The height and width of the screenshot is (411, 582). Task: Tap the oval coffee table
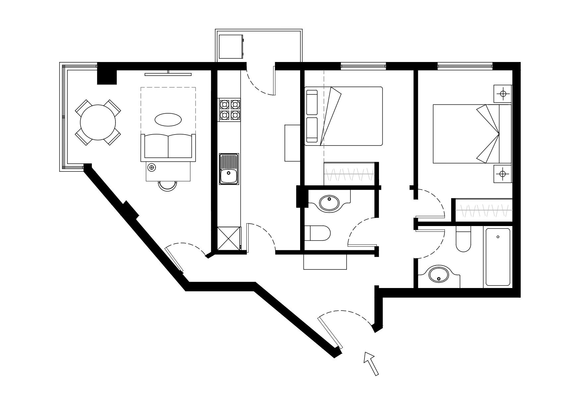[168, 120]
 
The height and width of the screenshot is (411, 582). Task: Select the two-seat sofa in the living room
[168, 147]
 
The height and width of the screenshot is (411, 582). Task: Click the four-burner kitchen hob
[229, 110]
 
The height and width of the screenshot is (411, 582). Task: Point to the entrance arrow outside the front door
[371, 363]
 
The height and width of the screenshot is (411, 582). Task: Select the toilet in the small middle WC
[318, 233]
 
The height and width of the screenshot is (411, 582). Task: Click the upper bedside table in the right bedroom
[503, 94]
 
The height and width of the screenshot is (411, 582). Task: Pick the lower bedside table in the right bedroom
[503, 173]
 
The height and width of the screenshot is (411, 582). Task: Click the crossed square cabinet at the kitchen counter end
[228, 238]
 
